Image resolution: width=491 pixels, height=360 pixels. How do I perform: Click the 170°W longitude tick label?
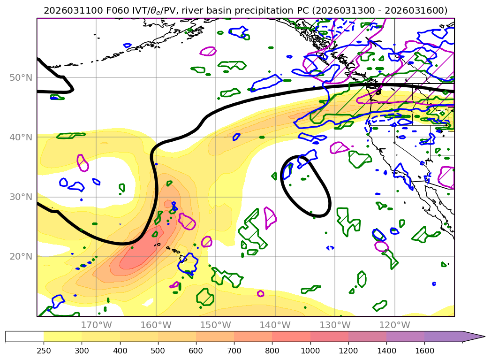point(96,325)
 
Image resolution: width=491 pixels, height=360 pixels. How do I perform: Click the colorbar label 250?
point(44,350)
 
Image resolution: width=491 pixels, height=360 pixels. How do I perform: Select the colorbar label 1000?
point(310,350)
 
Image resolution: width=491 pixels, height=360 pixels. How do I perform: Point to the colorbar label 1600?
point(424,350)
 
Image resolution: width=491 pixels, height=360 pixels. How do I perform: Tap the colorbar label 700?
point(234,350)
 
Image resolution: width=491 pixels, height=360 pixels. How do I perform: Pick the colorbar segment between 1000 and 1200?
point(329,337)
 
